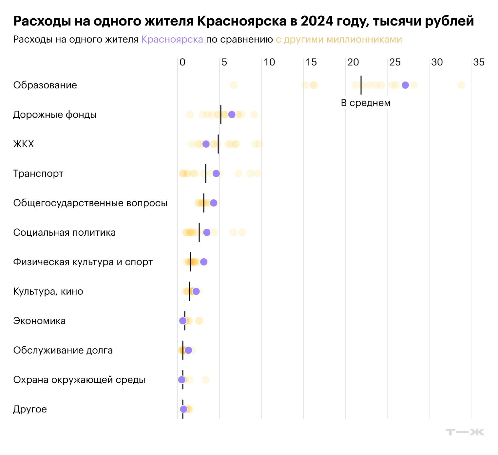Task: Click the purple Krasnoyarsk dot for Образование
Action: point(405,85)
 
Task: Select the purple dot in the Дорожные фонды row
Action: point(232,115)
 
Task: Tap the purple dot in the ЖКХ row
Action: point(206,144)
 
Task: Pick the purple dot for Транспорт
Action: point(216,173)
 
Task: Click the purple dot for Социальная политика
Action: point(207,232)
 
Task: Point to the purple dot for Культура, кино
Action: point(196,291)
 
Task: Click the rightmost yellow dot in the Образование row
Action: point(461,85)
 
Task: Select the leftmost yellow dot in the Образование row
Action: point(234,85)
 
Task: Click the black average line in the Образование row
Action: point(361,85)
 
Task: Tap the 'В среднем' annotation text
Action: point(366,103)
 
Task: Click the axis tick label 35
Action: point(479,62)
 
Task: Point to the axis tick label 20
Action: point(353,62)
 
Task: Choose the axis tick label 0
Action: point(182,62)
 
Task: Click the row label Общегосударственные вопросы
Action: point(90,203)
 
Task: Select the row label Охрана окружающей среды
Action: point(79,380)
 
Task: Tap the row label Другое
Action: point(30,409)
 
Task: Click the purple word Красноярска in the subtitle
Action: point(172,39)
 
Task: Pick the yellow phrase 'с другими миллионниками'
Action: point(339,39)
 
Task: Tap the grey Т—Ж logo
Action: point(465,432)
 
